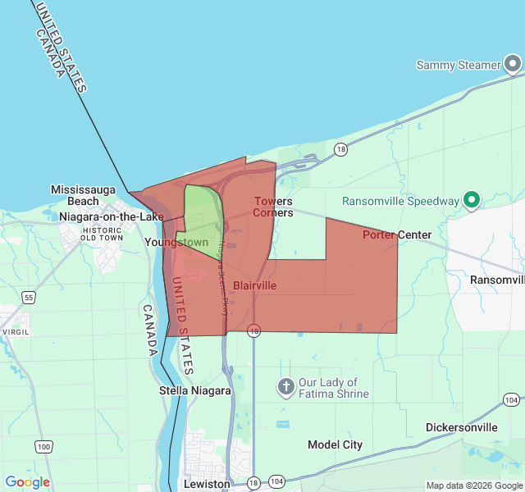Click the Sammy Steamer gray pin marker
coord(513,64)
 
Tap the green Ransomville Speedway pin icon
coord(472,200)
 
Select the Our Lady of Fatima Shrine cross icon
coord(285,386)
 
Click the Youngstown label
coord(176,243)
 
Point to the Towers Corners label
coord(273,207)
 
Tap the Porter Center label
coord(397,235)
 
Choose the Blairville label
coord(255,285)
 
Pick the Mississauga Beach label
coord(86,194)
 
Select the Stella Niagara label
coord(194,391)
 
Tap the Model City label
coord(335,444)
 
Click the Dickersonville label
coord(462,427)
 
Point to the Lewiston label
coord(208,484)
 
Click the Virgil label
coord(16,332)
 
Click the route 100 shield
coord(43,446)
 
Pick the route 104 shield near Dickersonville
coord(510,399)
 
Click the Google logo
coord(27,482)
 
